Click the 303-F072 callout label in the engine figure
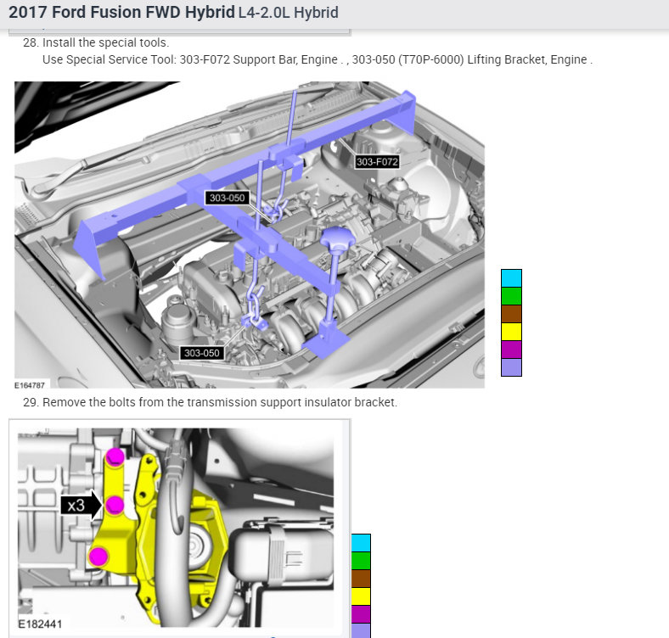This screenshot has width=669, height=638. point(377,162)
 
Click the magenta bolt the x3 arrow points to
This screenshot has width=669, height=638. point(115,506)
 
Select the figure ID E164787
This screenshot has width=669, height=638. point(30,385)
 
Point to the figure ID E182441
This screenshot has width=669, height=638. point(40,624)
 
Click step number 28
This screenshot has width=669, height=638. point(31,42)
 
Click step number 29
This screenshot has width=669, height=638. point(31,402)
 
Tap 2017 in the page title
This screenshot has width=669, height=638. point(28,12)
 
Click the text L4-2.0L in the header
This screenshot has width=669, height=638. point(264,13)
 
